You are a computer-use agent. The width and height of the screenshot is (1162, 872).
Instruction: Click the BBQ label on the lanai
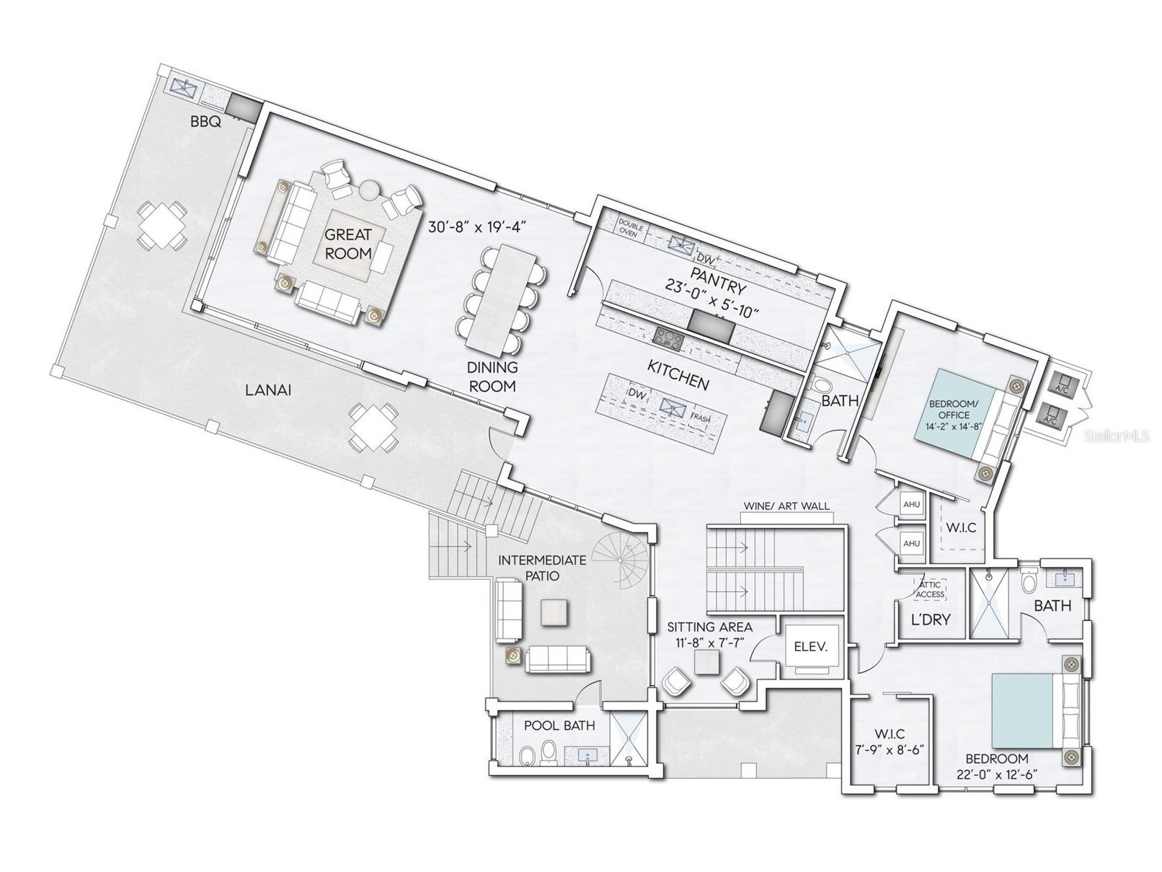coord(205,123)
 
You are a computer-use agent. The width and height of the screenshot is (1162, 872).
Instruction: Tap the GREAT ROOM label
coord(348,244)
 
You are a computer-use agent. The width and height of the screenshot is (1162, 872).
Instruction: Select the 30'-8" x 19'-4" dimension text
coord(479,228)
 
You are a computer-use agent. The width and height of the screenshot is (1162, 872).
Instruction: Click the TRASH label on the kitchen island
coord(700,418)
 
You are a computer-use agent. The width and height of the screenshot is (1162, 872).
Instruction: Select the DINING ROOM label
coord(492,376)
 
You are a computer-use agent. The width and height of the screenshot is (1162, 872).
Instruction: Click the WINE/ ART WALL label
coord(786,506)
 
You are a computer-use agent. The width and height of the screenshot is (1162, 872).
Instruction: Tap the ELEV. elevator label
coord(810,647)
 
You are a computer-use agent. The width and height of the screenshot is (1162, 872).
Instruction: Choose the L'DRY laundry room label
coord(931,619)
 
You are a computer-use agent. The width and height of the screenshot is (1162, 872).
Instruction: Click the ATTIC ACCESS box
coord(930,589)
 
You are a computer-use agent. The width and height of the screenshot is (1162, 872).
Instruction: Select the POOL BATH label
coord(559,726)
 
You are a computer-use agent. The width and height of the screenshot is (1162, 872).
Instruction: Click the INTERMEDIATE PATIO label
coord(543,568)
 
